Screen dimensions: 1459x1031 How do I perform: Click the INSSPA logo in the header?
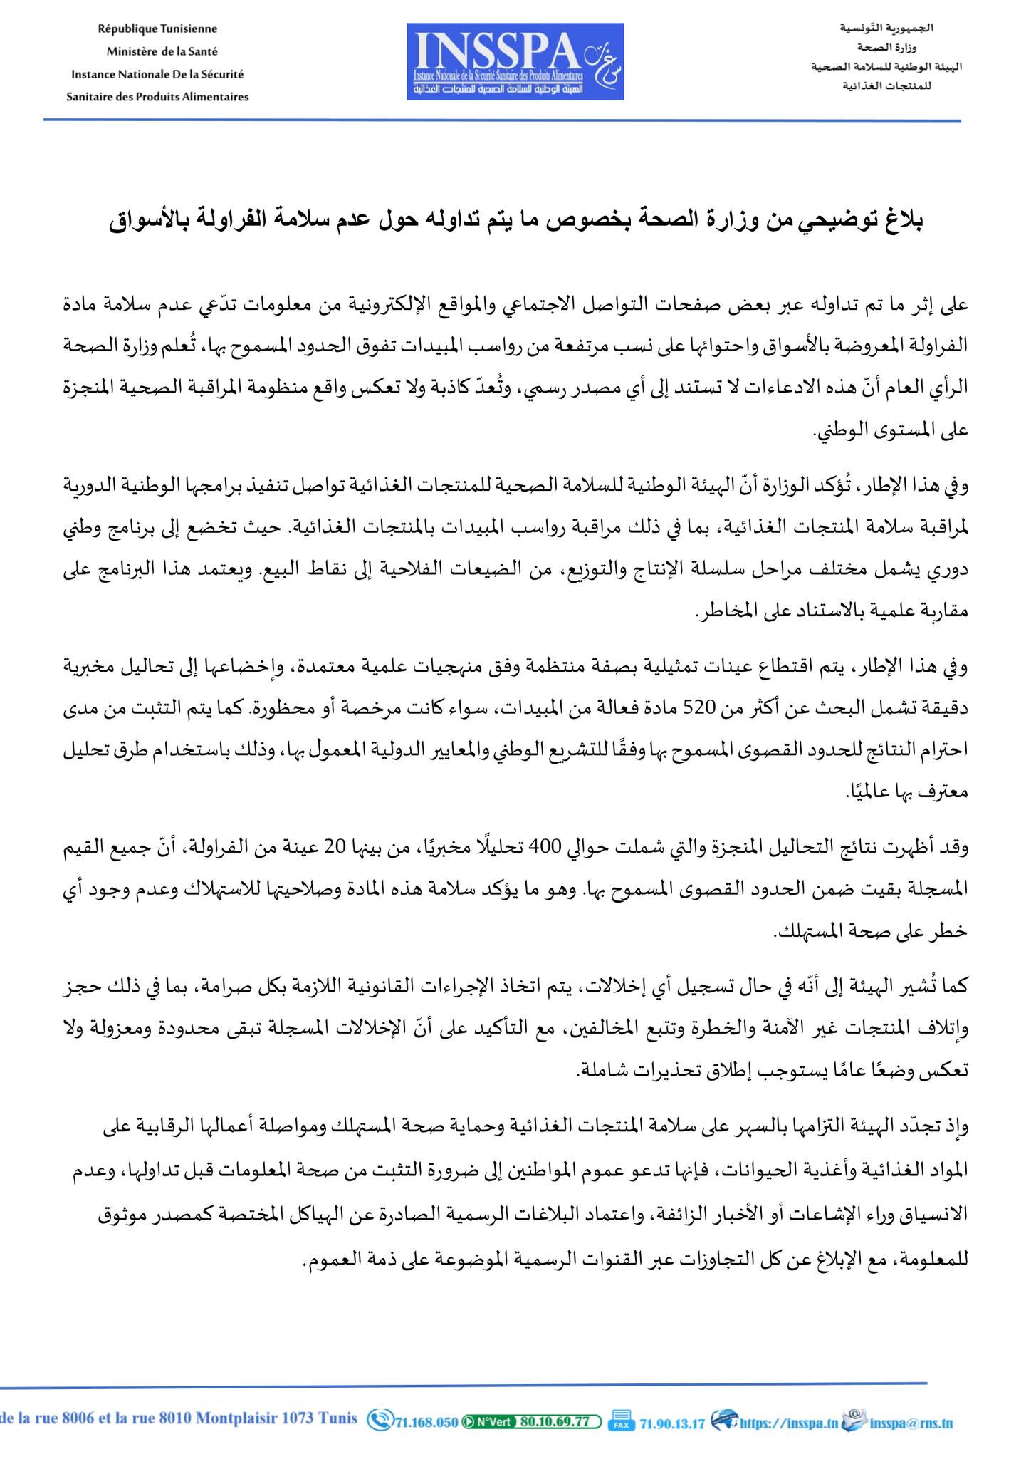point(515,61)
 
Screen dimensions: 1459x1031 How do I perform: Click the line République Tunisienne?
point(157,29)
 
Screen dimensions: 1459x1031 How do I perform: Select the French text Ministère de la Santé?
point(162,51)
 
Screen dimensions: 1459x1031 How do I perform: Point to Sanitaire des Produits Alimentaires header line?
point(157,97)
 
